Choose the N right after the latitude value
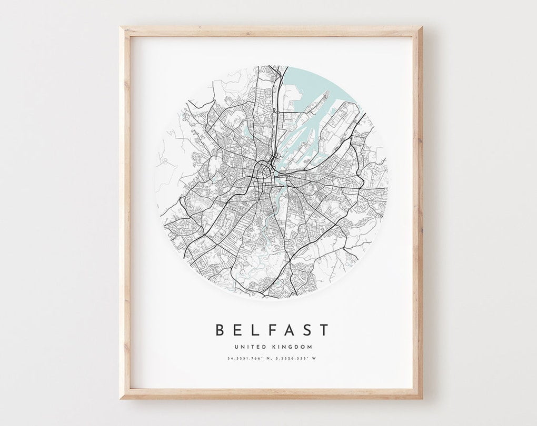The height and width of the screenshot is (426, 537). (x=266, y=359)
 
